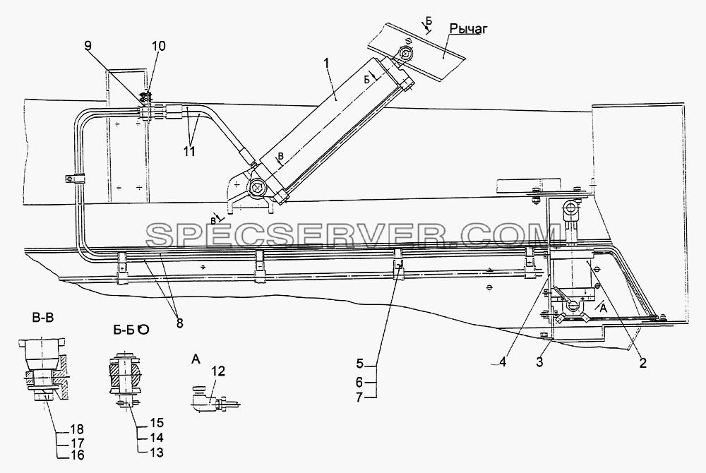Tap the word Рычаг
[x=469, y=29]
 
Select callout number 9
[x=88, y=45]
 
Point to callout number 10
[x=158, y=46]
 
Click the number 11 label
[x=189, y=151]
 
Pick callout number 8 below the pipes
[x=179, y=323]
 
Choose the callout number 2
[x=643, y=363]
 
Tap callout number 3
[x=539, y=361]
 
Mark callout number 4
[x=503, y=361]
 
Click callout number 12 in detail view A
[x=218, y=371]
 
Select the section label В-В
[x=43, y=318]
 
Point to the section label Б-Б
[x=123, y=329]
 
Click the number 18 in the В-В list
[x=76, y=429]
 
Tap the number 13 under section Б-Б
[x=156, y=453]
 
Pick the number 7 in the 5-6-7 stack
[x=359, y=398]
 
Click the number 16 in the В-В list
[x=76, y=455]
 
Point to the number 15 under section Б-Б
[x=156, y=423]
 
